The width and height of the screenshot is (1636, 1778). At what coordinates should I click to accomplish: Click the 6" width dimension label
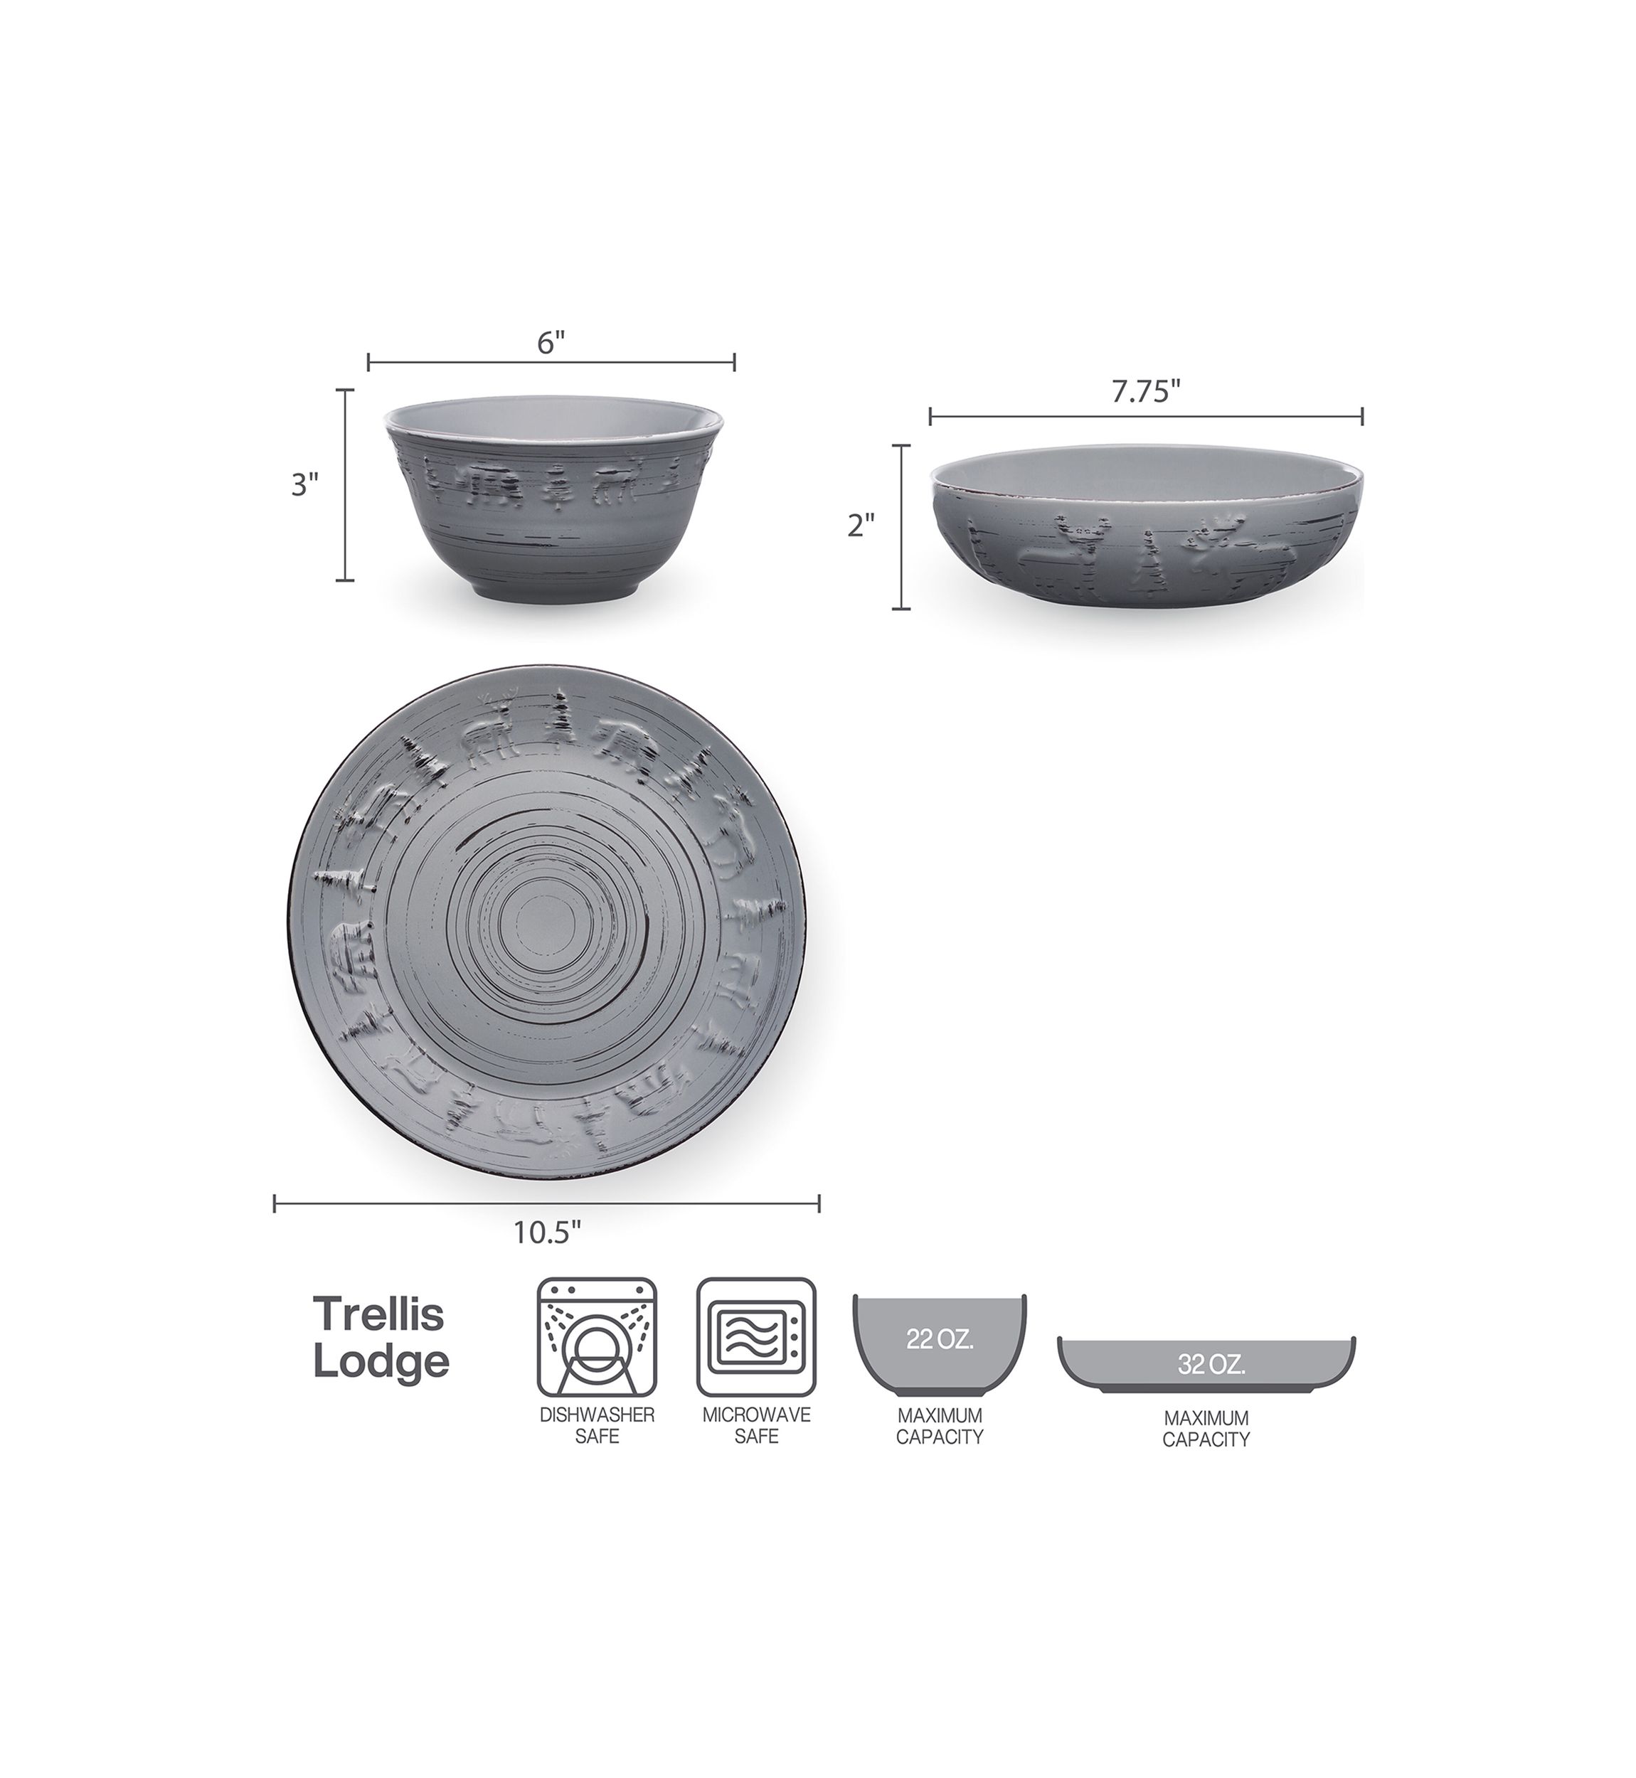(551, 343)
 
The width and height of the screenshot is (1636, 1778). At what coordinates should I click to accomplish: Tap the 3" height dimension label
(304, 484)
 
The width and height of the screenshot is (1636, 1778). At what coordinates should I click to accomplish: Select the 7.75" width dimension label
(1147, 392)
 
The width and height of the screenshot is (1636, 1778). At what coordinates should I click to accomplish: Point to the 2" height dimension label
(861, 526)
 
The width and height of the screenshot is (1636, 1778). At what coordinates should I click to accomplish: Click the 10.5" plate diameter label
(547, 1233)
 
